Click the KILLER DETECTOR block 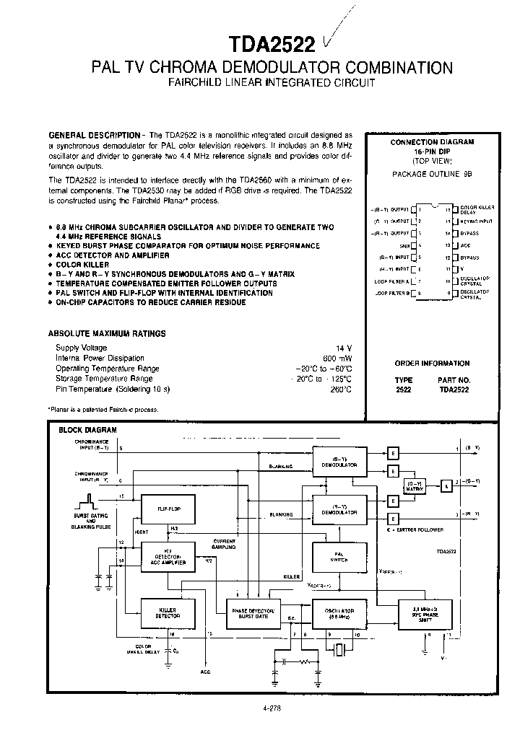coord(167,613)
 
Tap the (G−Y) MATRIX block coord(414,485)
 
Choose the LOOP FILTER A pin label coord(392,281)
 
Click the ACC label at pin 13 coord(465,245)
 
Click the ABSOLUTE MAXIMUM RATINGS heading coord(107,333)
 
